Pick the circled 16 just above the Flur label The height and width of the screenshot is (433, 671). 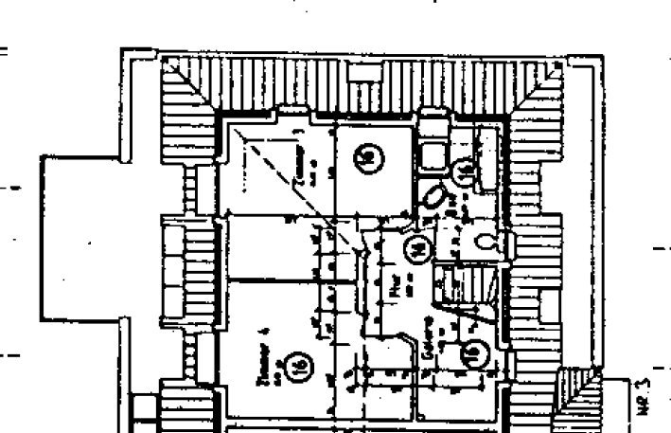(x=416, y=248)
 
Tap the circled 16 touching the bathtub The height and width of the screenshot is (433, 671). (x=465, y=171)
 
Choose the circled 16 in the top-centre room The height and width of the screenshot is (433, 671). (x=369, y=157)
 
